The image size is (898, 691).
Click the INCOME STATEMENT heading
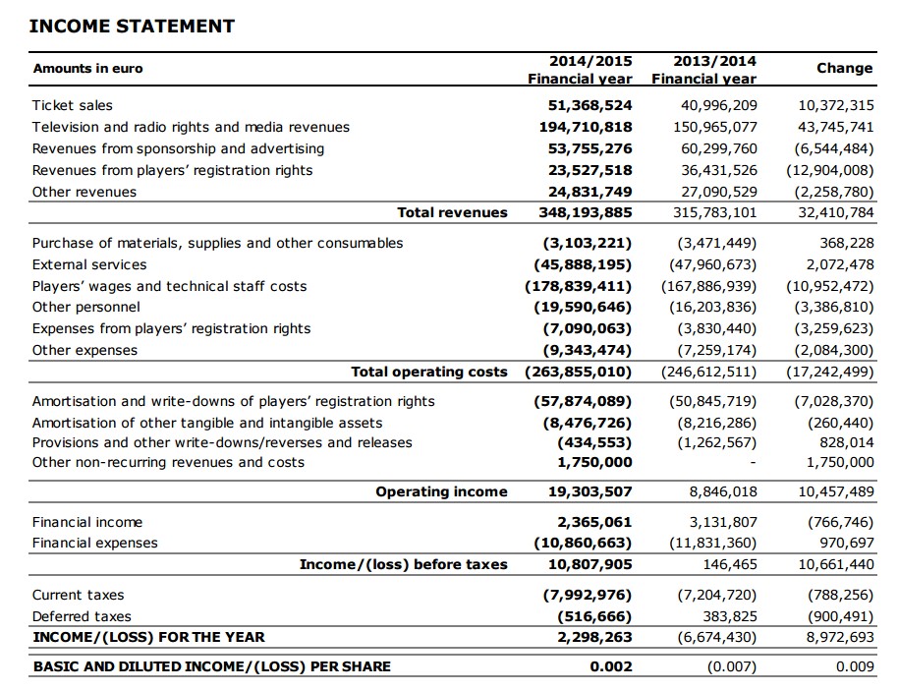click(132, 27)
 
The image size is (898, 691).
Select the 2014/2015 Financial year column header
click(580, 69)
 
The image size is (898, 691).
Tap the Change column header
click(844, 68)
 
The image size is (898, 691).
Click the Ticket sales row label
click(73, 105)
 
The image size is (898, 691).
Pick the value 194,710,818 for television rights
click(586, 127)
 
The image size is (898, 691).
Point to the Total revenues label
click(452, 212)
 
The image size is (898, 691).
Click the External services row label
click(89, 264)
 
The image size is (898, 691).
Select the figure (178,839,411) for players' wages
click(578, 286)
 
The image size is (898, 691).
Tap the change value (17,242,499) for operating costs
click(829, 372)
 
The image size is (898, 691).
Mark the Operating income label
click(441, 491)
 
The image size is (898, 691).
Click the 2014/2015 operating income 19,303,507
click(589, 491)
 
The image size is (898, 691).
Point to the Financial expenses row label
click(94, 543)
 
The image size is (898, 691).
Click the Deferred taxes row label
click(82, 616)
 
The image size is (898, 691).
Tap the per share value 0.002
click(610, 666)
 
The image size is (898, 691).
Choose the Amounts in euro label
click(88, 68)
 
